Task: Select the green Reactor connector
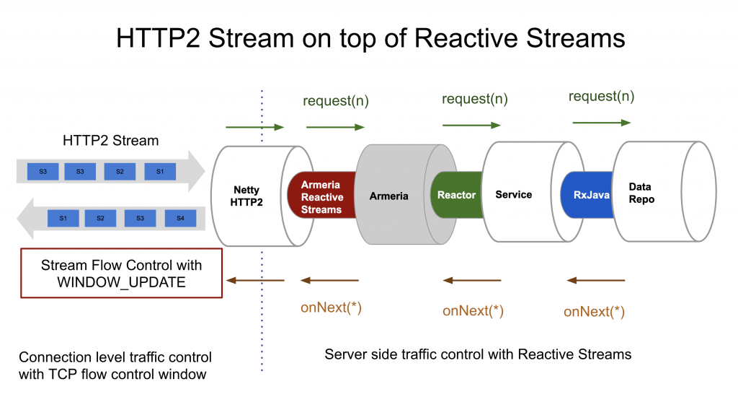(x=456, y=195)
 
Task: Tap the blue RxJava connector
(x=587, y=195)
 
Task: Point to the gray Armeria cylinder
(x=389, y=196)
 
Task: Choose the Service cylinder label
(x=514, y=195)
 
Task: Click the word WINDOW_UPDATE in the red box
(x=121, y=283)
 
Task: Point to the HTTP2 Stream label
(x=110, y=141)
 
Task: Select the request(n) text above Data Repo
(x=601, y=97)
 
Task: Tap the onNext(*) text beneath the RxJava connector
(x=594, y=312)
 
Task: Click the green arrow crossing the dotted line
(x=254, y=128)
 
